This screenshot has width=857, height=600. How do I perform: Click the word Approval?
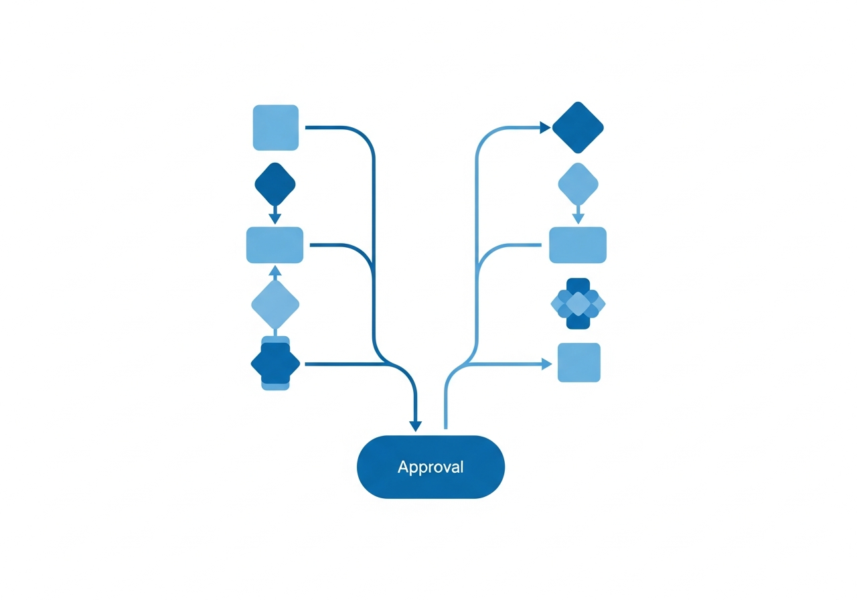pos(431,467)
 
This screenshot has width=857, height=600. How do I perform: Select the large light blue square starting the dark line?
pos(275,127)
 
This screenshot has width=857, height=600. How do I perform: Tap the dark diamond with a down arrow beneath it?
pos(275,184)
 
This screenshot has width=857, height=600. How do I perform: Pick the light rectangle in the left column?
pos(275,245)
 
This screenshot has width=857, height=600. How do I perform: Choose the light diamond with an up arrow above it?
pos(275,305)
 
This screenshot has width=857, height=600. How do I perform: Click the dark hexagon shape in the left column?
pos(275,363)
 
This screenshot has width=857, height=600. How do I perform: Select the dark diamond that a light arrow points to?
pos(578,127)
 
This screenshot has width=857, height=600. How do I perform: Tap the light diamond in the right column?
pos(578,184)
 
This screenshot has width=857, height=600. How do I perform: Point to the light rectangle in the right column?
pos(578,245)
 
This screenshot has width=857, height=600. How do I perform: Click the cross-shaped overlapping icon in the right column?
pos(578,303)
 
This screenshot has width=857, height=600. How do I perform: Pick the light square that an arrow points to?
pos(579,362)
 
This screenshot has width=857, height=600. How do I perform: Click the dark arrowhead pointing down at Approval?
pos(416,427)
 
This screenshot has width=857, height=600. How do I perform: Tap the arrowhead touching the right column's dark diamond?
pos(545,127)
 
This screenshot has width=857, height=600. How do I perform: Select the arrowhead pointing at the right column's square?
pos(547,364)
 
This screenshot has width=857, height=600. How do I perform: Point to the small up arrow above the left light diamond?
pos(275,273)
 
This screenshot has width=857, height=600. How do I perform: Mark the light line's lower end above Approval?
pos(446,429)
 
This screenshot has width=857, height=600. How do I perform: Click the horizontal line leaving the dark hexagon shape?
pos(344,364)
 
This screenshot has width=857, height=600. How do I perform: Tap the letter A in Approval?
pos(403,467)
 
